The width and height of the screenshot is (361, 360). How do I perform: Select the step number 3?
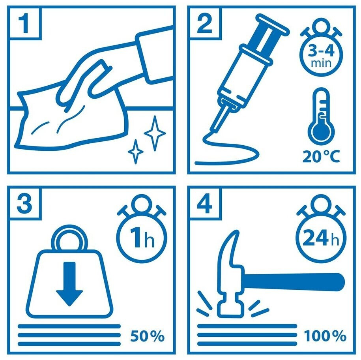click(24, 204)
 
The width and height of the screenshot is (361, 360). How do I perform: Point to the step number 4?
click(204, 204)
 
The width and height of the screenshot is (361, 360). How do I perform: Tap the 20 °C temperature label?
click(321, 157)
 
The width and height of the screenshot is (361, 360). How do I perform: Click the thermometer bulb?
click(321, 132)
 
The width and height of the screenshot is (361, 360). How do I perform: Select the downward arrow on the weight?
click(69, 284)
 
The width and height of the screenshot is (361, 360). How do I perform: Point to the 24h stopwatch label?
click(321, 238)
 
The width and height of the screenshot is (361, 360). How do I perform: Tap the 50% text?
click(147, 336)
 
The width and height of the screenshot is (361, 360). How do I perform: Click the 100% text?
click(325, 336)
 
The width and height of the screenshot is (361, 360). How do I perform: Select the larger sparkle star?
click(155, 133)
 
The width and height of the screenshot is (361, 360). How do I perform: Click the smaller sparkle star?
click(136, 152)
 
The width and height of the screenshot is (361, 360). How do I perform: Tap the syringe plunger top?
click(273, 24)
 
